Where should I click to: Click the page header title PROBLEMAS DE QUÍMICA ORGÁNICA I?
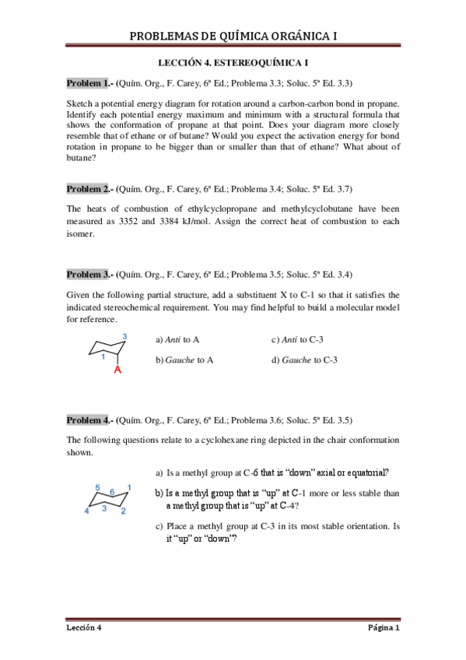233,36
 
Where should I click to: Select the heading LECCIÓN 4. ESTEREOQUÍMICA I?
233,62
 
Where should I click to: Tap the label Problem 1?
88,83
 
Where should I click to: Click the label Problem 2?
88,189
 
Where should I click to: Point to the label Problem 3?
88,275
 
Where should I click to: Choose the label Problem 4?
88,420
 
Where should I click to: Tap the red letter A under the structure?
118,370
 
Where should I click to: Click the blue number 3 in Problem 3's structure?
124,336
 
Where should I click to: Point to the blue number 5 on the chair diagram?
97,487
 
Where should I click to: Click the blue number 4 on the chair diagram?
86,511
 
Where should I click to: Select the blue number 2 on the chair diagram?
123,511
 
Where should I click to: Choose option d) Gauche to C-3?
304,360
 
